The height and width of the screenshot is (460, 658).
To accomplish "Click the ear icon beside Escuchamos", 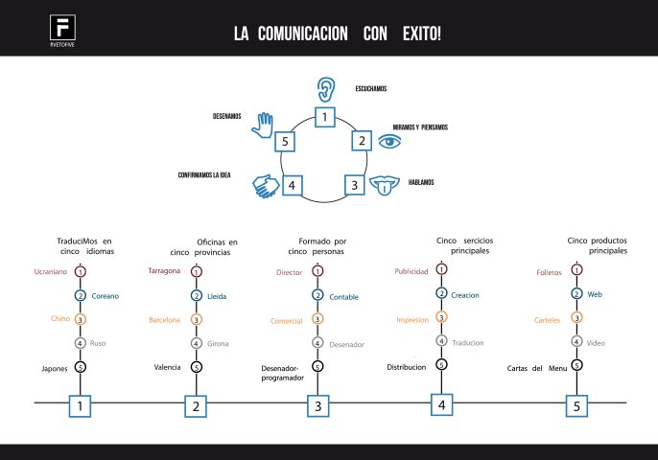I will [328, 90].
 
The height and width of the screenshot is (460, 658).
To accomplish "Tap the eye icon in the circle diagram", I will [388, 141].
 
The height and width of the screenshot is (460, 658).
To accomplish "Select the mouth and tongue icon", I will [386, 184].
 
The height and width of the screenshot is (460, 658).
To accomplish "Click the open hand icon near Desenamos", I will [262, 125].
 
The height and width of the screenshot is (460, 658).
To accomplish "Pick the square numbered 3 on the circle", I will [354, 186].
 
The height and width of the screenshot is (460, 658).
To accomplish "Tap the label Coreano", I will [106, 296].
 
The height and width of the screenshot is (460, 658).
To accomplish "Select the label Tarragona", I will [164, 271].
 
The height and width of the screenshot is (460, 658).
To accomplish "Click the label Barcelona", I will [164, 319].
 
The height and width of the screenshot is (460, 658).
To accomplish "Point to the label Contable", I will [343, 297].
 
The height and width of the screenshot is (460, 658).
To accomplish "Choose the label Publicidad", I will [411, 271].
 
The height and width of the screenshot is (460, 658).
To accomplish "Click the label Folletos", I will [549, 273].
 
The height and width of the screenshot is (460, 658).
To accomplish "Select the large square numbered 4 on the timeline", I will [441, 404].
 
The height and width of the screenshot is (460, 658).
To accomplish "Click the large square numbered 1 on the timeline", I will [80, 406].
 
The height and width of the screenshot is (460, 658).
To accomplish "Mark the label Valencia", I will [168, 366].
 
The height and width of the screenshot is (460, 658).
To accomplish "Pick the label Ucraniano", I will [49, 272].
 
